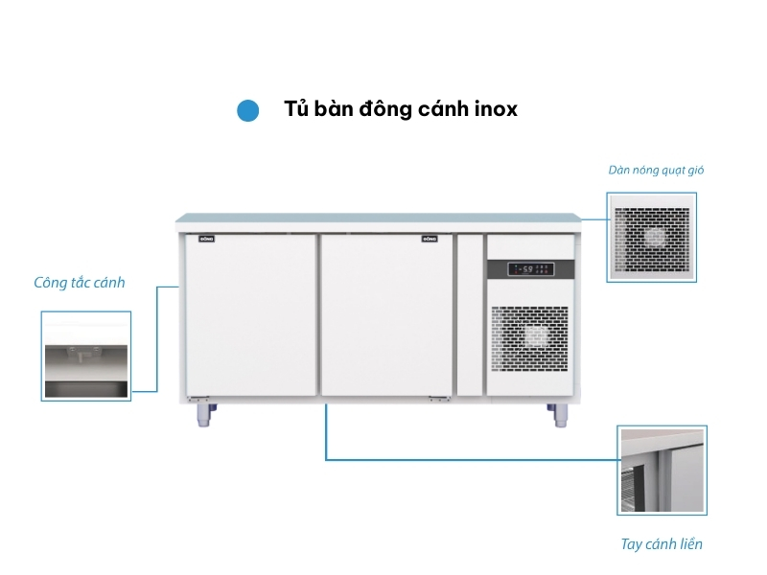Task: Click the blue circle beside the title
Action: pos(248,110)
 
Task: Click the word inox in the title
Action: pos(496,109)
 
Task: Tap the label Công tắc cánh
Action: pos(80,283)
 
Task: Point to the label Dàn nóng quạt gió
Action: pos(657,171)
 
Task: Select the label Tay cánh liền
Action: pos(662,544)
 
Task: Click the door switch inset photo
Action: pos(85,356)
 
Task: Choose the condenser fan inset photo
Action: pos(652,237)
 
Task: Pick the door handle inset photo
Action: pos(662,471)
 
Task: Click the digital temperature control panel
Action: pos(530,268)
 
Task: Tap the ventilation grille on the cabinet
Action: pos(530,340)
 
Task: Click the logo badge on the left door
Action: pos(206,238)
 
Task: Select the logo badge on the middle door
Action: pos(430,238)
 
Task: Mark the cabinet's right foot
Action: pos(558,413)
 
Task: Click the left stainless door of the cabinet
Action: pos(250,316)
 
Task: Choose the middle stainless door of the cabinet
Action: pos(386,316)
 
